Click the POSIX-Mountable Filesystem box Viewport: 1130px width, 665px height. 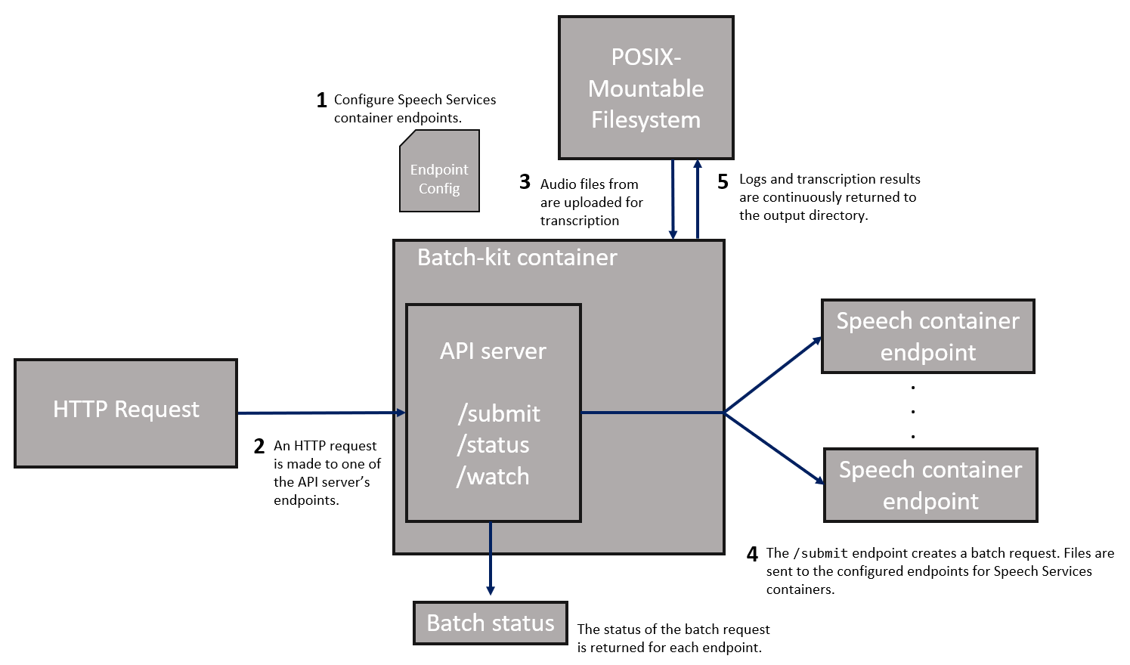click(645, 88)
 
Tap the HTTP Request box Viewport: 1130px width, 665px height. click(125, 413)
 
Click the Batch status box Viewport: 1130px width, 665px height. click(490, 623)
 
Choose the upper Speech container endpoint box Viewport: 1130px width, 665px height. click(927, 336)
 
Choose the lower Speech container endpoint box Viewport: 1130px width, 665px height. click(930, 485)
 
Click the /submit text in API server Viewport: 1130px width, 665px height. click(499, 413)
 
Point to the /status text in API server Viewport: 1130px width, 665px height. click(493, 445)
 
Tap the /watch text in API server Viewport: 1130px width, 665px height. click(493, 477)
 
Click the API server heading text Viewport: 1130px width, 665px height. click(493, 351)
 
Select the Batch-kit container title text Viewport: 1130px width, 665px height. click(517, 258)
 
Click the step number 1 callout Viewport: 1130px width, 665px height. click(321, 101)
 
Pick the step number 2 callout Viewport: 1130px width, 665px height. click(259, 447)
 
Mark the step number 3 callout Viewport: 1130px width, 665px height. click(525, 182)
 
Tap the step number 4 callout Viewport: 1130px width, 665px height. click(752, 555)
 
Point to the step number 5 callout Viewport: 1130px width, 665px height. click(723, 182)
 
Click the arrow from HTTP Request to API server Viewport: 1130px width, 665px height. click(321, 413)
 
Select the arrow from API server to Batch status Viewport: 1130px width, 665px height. click(491, 559)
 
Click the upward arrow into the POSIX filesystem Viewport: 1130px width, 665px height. click(698, 200)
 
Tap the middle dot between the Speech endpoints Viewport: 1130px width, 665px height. click(913, 412)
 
